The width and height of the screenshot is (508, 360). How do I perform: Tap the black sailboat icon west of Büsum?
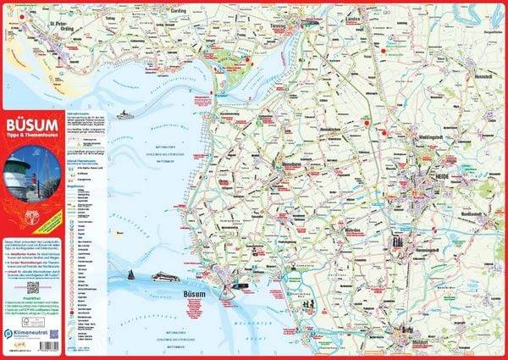pyautogui.click(x=132, y=275)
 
